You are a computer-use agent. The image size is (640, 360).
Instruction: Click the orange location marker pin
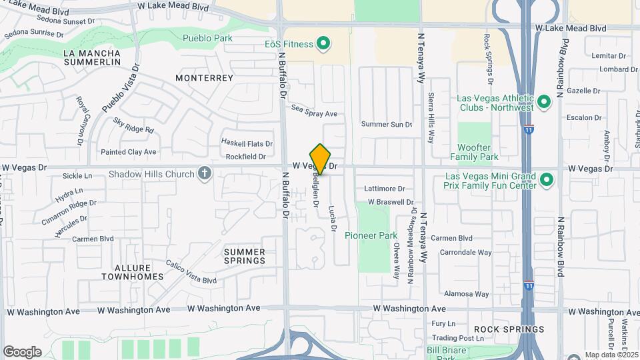(321, 159)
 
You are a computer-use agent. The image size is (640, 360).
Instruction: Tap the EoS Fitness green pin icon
(323, 45)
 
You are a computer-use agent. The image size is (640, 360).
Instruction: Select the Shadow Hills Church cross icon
(205, 175)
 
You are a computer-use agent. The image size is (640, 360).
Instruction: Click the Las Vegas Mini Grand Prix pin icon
(546, 179)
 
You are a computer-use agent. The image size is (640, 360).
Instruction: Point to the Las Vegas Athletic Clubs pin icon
(543, 102)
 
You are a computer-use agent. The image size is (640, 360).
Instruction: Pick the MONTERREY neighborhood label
(205, 78)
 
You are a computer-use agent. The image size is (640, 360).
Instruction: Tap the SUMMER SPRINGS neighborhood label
(245, 256)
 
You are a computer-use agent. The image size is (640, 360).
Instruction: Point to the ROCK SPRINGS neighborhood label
(509, 329)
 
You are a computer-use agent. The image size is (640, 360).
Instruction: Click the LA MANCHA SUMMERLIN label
(92, 57)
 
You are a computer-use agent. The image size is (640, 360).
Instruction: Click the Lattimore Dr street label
(385, 189)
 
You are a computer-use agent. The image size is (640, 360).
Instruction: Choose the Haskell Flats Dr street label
(247, 143)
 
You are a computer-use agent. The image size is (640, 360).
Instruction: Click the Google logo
(22, 351)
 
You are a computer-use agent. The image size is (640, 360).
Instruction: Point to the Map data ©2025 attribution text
(611, 355)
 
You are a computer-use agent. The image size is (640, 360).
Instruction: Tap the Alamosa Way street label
(467, 293)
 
